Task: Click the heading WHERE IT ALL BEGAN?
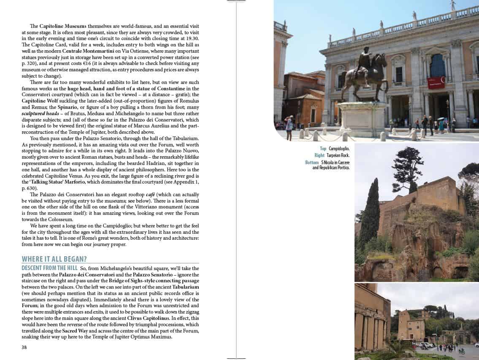pos(57,259)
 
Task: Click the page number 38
pos(24,347)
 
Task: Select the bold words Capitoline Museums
pos(57,26)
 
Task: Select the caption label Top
pos(323,149)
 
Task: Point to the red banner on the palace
pos(436,82)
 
